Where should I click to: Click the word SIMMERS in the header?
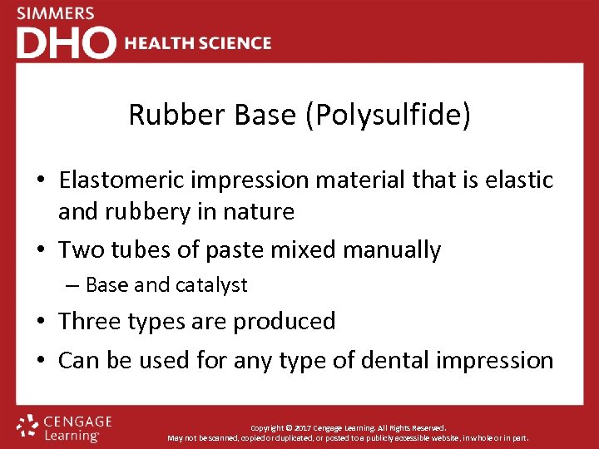pyautogui.click(x=56, y=13)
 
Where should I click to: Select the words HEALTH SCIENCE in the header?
pyautogui.click(x=198, y=43)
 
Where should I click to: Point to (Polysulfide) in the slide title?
pyautogui.click(x=389, y=116)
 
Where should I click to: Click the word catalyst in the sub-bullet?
pyautogui.click(x=210, y=285)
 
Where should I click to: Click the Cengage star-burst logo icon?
pyautogui.click(x=27, y=427)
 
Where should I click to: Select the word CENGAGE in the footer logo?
pyautogui.click(x=77, y=422)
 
